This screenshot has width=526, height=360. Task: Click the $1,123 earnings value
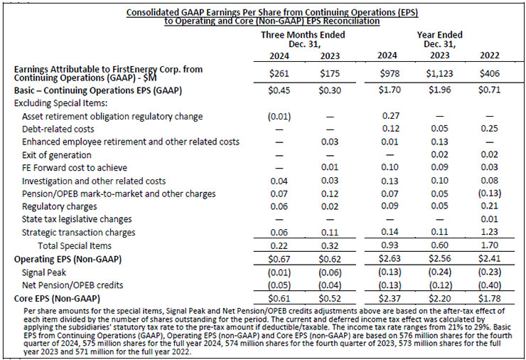coord(439,73)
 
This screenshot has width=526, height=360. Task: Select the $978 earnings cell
coord(390,73)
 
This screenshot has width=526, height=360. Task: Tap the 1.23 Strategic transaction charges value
coord(489,232)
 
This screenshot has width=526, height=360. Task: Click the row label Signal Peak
coord(44,272)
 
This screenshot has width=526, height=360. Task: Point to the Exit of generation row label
coord(57,155)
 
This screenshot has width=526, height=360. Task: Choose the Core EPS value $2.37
coord(389,298)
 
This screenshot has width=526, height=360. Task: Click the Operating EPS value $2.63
coord(389,259)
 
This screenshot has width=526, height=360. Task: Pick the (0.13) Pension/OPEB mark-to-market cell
coord(489,194)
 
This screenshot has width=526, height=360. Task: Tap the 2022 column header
coord(490,55)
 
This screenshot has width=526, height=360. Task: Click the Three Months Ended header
coord(303,35)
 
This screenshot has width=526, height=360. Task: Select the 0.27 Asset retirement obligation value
coord(391,116)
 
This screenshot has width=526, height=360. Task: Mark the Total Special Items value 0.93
coord(390,245)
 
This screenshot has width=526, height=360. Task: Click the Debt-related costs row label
coord(58,129)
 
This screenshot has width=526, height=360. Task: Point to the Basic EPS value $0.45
coord(279,90)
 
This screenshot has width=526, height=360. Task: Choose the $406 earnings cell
coord(490,73)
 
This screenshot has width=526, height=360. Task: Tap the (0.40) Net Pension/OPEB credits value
coord(489,285)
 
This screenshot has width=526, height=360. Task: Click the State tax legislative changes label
coord(77,220)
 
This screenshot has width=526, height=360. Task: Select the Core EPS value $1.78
coord(490,298)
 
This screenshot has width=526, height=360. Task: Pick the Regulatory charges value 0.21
coord(489,206)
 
